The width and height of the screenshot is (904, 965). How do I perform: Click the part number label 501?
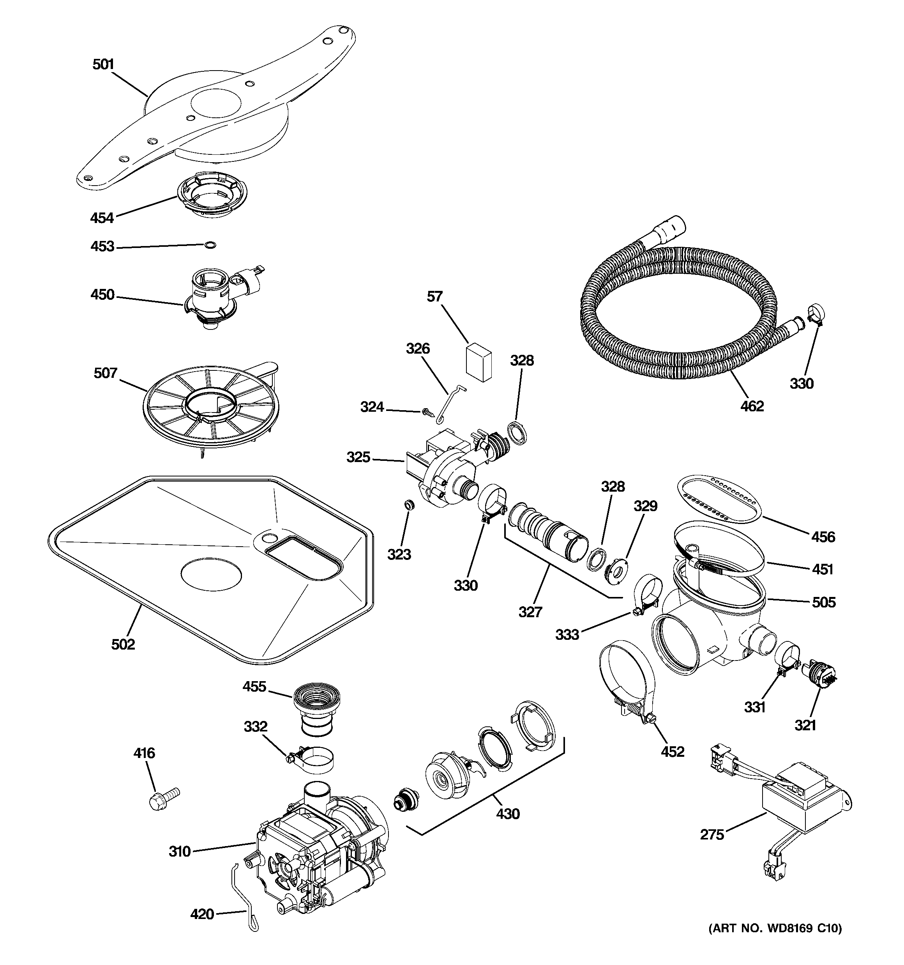(x=103, y=65)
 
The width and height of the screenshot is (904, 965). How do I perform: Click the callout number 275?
(x=712, y=834)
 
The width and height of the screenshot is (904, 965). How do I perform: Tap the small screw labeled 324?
(x=427, y=412)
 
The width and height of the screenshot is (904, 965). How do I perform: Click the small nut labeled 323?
(x=410, y=505)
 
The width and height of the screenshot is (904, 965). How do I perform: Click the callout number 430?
(x=508, y=814)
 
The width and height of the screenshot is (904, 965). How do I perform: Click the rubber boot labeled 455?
(x=316, y=708)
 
